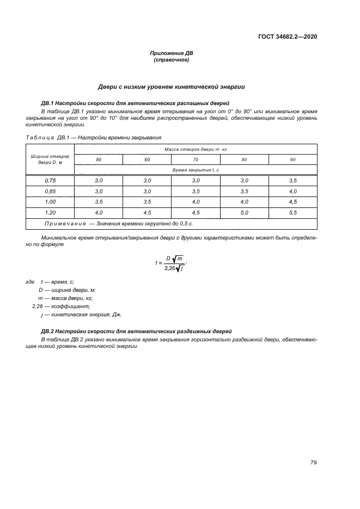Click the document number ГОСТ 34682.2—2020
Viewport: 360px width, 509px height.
[288, 37]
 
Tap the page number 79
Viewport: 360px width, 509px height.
[313, 463]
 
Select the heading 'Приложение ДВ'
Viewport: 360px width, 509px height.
[172, 53]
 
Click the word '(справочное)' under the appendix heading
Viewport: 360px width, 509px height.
[172, 60]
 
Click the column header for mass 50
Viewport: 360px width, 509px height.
[99, 160]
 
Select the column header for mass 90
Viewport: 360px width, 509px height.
[292, 160]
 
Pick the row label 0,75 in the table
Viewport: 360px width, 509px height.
[50, 180]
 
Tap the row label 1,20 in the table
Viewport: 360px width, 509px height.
[50, 212]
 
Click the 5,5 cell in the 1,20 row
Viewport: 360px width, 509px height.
[292, 212]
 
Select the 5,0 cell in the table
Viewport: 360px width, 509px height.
[244, 212]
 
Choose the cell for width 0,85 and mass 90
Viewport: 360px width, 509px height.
[292, 191]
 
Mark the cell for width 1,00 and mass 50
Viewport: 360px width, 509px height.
[99, 201]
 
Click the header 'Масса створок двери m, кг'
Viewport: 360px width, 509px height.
[195, 149]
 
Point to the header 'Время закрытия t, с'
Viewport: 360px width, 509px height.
[195, 170]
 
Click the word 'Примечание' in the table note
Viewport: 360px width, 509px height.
[64, 224]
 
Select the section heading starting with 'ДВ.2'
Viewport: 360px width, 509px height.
[136, 331]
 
